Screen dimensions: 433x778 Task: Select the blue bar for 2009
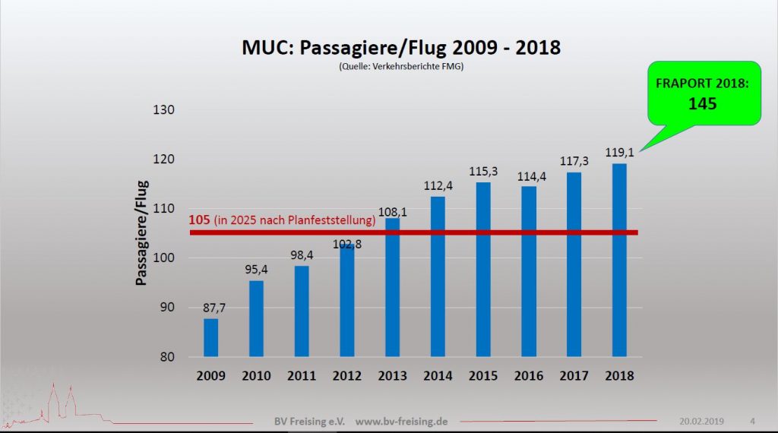(x=211, y=337)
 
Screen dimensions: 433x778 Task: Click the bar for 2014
(x=438, y=277)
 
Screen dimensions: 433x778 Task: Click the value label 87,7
(x=211, y=308)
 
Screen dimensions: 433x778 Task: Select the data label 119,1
(x=620, y=153)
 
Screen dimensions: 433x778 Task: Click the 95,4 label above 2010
(x=257, y=270)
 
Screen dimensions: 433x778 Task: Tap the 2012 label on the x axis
(x=347, y=375)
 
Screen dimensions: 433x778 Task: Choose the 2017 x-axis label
(x=574, y=375)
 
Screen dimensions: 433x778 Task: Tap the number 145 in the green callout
(x=702, y=103)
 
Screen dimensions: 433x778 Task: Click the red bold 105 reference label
(x=199, y=221)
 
